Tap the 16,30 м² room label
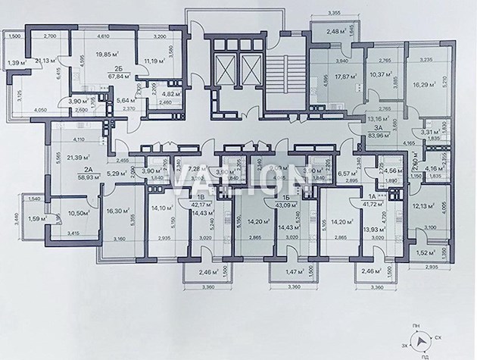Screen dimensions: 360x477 (118, 212)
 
